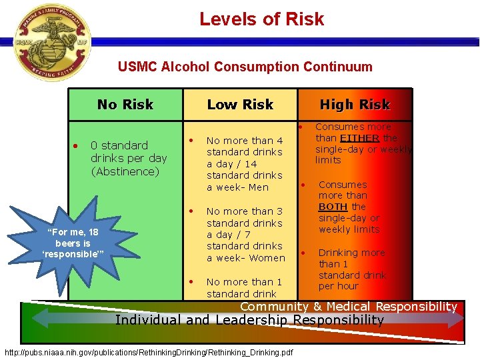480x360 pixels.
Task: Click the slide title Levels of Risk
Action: pyautogui.click(x=261, y=19)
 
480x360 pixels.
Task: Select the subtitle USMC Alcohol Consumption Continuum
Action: pyautogui.click(x=245, y=67)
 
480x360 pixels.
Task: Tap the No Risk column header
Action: pyautogui.click(x=125, y=105)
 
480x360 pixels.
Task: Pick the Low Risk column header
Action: pyautogui.click(x=240, y=105)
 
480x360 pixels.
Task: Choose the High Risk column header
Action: pyautogui.click(x=355, y=105)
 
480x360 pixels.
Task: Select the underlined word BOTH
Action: pyautogui.click(x=333, y=207)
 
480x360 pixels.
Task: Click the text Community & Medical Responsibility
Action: pyautogui.click(x=348, y=307)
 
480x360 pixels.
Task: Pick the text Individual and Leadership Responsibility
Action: pyautogui.click(x=249, y=320)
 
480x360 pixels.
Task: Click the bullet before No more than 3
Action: pyautogui.click(x=191, y=211)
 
